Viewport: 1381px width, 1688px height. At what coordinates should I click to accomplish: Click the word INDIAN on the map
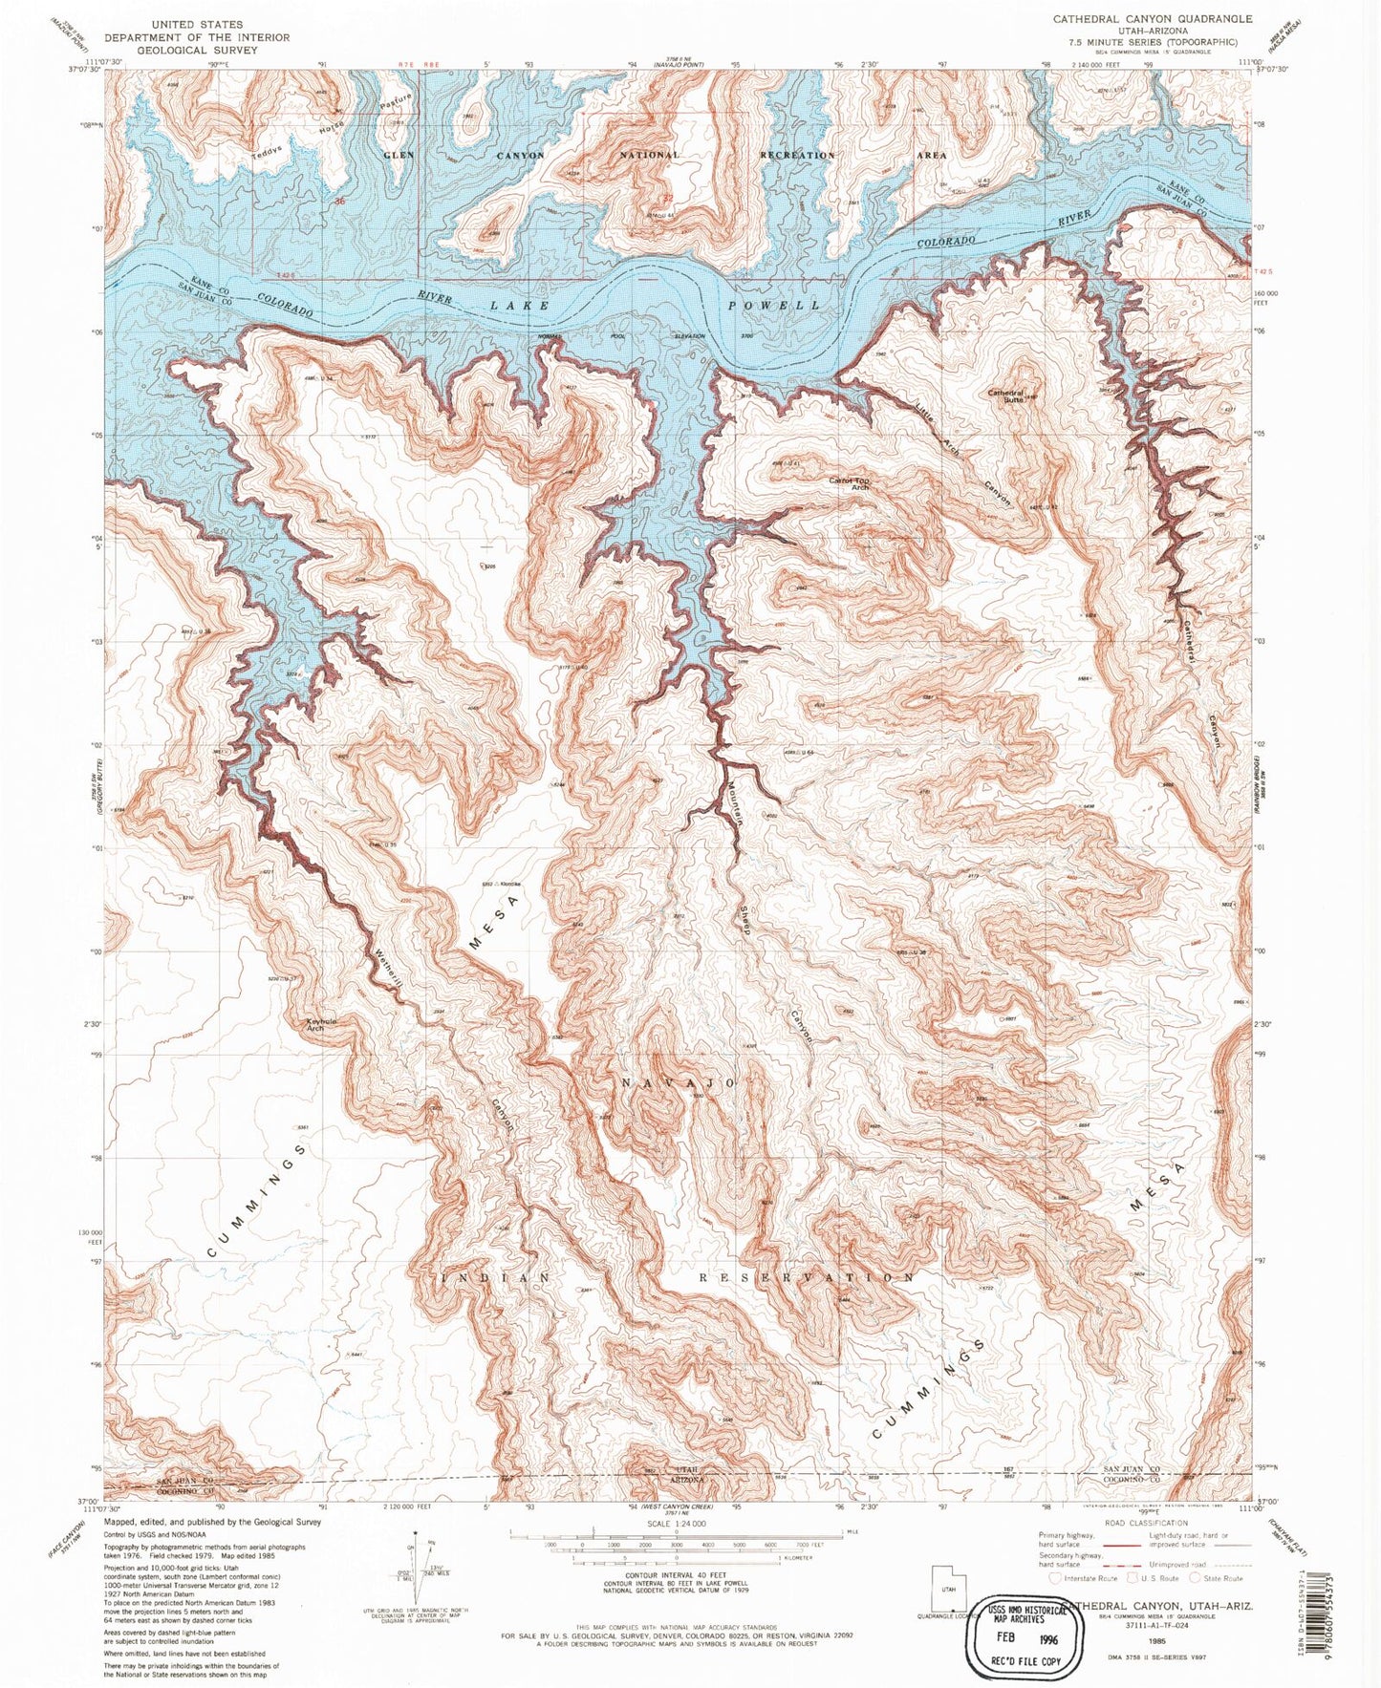coord(495,1277)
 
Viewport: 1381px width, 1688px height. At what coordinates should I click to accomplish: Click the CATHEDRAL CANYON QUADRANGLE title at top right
coord(1153,18)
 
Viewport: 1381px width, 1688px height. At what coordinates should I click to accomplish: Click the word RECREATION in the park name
coord(797,155)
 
